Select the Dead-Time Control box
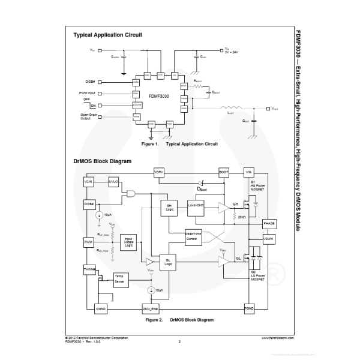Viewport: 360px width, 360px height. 191,236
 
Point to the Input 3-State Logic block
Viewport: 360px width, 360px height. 128,241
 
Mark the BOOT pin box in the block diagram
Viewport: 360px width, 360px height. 224,172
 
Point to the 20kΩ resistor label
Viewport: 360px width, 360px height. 242,216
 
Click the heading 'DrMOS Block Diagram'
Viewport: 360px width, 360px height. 103,161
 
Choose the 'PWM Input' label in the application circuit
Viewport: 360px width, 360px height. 88,93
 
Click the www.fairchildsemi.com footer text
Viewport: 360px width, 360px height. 278,338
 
